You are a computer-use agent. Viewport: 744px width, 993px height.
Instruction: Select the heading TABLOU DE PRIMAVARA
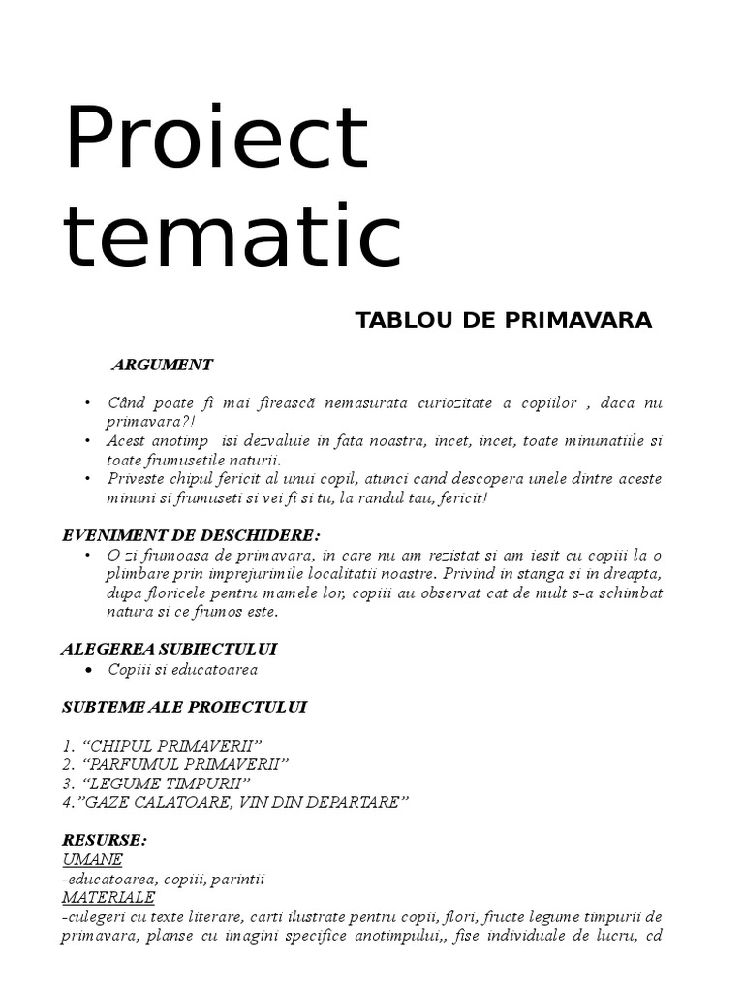coord(504,321)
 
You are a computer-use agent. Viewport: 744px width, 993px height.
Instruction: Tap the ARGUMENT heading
coord(162,366)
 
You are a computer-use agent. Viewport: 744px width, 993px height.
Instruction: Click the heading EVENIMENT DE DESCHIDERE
coord(190,535)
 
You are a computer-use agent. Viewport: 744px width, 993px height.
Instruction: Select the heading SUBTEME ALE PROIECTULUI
coord(184,707)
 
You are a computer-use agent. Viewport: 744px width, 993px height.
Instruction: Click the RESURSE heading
coord(104,840)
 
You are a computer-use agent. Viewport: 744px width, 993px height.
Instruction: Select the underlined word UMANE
coord(92,859)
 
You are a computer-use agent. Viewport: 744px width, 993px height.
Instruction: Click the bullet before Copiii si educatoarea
coord(88,670)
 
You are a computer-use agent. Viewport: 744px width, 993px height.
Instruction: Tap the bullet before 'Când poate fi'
coord(88,402)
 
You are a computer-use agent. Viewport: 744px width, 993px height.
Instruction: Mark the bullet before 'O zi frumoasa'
coord(88,555)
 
